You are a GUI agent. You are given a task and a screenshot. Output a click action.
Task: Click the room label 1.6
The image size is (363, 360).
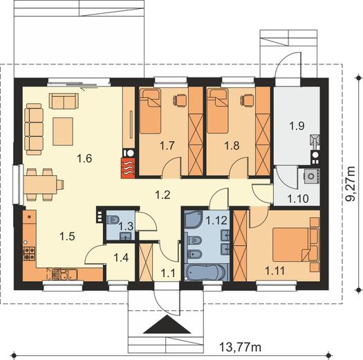point(84,159)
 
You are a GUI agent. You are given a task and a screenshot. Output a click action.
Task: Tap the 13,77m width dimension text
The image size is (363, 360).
point(240,347)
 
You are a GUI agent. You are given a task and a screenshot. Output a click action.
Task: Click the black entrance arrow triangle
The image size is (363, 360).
point(167,324)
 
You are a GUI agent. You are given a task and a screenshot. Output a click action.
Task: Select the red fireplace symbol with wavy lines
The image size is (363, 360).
point(128,168)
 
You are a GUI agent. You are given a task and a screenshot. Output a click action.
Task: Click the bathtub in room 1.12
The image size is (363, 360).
point(205,273)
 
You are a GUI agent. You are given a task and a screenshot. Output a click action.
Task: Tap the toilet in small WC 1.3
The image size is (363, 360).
point(113,219)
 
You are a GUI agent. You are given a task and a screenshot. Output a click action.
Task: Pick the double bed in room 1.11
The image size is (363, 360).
point(292,244)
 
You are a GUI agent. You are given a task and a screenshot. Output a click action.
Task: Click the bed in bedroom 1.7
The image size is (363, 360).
point(150,111)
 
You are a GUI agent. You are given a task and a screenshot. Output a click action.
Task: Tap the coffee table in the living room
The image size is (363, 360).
point(63,132)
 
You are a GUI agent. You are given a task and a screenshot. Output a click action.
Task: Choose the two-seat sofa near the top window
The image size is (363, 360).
point(64,101)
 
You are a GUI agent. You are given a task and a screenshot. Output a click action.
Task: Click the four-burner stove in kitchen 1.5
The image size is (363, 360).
point(29,253)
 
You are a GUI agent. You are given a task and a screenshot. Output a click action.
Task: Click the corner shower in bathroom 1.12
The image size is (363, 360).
point(193,219)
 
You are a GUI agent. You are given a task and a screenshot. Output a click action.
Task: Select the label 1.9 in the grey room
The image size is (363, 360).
point(297,126)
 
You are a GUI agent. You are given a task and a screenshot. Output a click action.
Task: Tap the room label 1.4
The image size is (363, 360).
point(121,258)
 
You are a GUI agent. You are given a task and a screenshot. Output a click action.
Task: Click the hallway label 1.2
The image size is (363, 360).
point(162,195)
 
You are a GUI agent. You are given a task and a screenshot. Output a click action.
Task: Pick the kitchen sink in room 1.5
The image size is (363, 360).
point(69,274)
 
